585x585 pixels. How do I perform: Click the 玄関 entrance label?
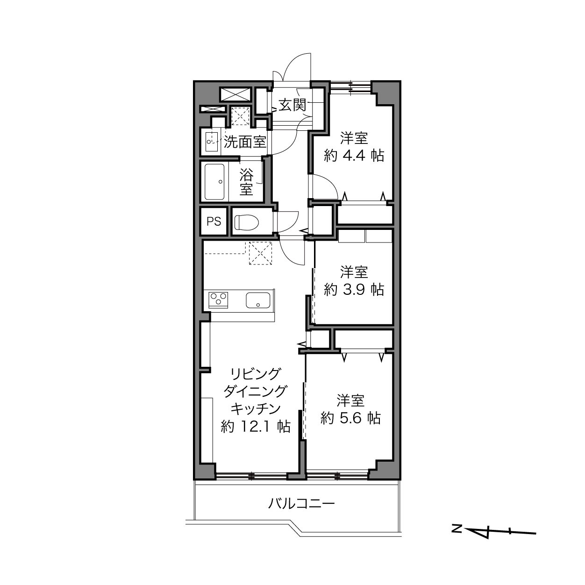pos(292,105)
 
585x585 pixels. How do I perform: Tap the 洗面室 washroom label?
pos(245,142)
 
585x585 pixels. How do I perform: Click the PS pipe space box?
pos(214,221)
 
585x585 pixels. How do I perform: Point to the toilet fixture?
pos(246,222)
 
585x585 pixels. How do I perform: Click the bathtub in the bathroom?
pos(214,182)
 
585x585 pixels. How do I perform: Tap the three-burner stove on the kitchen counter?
pos(218,300)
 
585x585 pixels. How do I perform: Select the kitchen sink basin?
pos(257,300)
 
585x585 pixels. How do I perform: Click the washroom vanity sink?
pos(212,142)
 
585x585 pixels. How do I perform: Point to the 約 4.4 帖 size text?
pos(354,156)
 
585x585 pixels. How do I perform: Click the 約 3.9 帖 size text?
pos(354,290)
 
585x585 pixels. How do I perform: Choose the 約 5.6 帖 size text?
pos(350,419)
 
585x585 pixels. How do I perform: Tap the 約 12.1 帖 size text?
pos(256,427)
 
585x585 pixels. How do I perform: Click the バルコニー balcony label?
pos(301,504)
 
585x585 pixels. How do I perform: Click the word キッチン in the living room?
pos(256,409)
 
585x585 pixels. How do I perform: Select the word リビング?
pos(255,374)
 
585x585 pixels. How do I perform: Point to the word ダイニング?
pos(255,391)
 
